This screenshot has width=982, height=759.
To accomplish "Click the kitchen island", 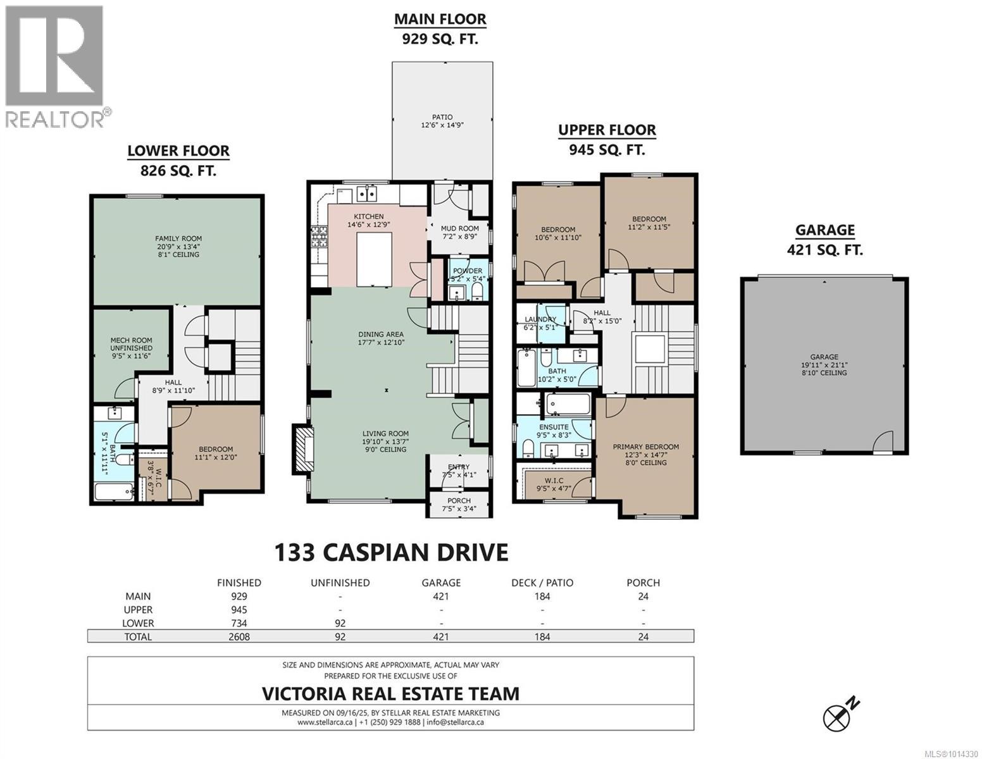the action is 374,259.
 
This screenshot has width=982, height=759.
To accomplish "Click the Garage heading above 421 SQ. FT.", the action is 824,230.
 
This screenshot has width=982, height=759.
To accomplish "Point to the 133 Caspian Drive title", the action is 392,552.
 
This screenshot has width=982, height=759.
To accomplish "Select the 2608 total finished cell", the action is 239,637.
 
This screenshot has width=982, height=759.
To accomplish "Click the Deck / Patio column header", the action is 542,583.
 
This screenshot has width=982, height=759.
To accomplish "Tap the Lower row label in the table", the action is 138,623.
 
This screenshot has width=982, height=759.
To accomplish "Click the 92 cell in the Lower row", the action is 340,623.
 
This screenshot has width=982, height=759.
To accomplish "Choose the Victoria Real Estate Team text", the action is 390,693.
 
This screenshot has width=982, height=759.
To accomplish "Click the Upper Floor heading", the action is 606,130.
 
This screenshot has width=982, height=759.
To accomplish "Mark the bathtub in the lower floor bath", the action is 114,491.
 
